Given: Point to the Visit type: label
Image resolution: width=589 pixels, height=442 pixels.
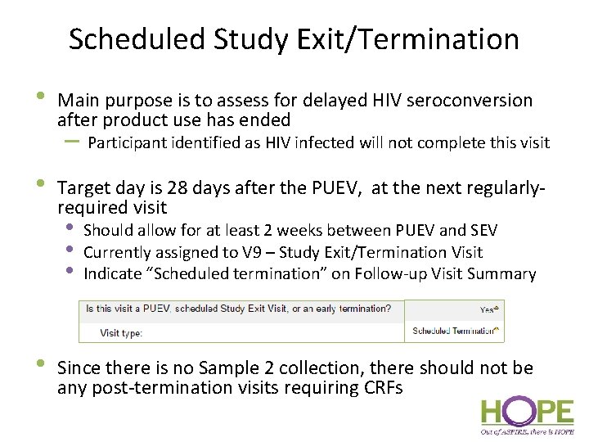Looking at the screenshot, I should coord(121,333).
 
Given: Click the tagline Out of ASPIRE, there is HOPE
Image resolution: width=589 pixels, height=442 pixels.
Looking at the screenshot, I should coord(526,431).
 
